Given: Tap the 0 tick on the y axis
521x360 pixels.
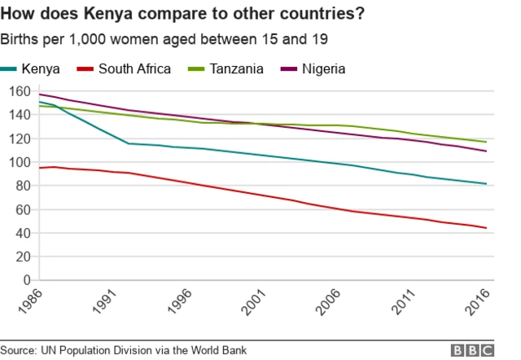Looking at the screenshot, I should pyautogui.click(x=26, y=280).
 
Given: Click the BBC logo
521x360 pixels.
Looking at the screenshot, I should pyautogui.click(x=472, y=350).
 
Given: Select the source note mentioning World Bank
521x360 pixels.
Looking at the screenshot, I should pyautogui.click(x=124, y=350).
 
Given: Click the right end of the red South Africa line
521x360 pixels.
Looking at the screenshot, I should pyautogui.click(x=486, y=228).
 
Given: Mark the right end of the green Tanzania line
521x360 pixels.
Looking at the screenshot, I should pyautogui.click(x=486, y=142).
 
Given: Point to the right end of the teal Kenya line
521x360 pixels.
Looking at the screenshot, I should pyautogui.click(x=486, y=183).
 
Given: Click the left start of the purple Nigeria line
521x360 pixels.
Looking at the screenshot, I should pyautogui.click(x=39, y=94).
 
